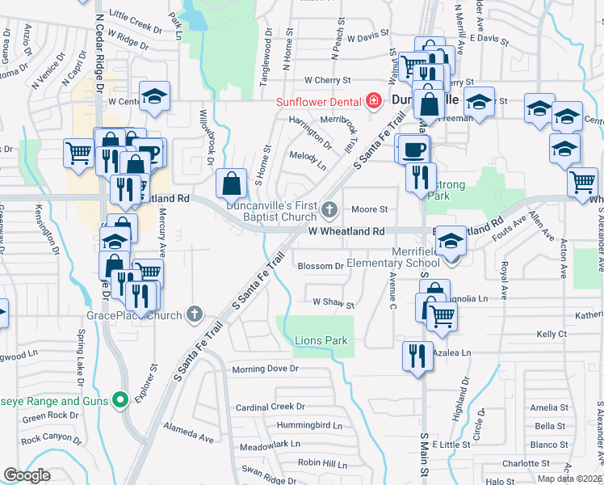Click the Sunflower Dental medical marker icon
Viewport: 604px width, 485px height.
[373, 101]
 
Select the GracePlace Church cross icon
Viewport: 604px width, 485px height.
[195, 314]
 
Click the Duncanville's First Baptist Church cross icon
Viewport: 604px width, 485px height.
[329, 210]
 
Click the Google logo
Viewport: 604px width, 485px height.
[27, 474]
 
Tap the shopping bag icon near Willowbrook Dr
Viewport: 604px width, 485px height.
[232, 184]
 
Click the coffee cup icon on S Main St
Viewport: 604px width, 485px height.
[414, 150]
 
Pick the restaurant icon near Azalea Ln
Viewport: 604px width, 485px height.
[417, 356]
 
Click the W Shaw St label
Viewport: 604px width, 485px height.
[333, 305]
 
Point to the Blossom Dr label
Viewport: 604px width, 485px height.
[321, 266]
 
